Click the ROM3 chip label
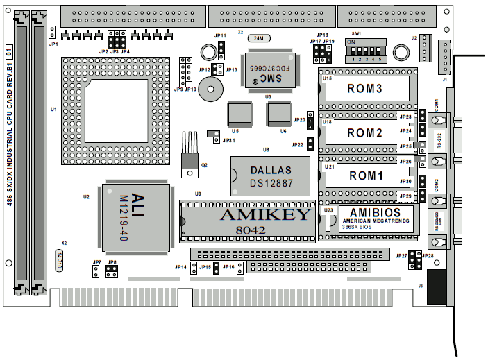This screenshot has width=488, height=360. [364, 89]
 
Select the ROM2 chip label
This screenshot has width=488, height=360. [364, 132]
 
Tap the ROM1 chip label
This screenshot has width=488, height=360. [365, 175]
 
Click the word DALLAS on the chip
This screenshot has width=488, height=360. [270, 170]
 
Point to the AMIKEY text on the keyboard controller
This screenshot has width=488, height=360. [265, 214]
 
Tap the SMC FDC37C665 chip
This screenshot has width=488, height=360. [267, 71]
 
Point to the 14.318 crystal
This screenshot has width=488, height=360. [61, 266]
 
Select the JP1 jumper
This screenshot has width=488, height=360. [53, 31]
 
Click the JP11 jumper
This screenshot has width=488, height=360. [221, 49]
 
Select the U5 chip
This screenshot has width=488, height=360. [239, 113]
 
